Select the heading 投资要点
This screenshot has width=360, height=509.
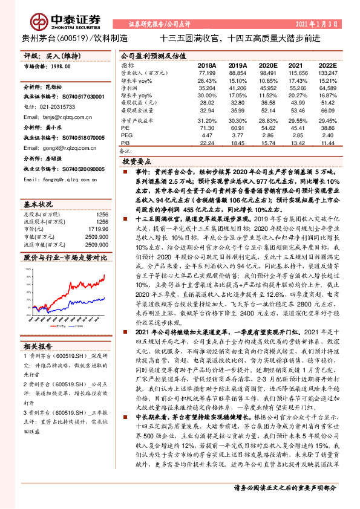[x=137, y=162]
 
